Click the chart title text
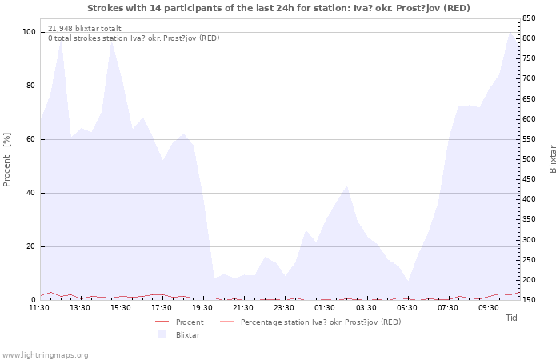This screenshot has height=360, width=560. point(278,8)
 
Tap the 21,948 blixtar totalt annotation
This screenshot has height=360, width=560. point(85,29)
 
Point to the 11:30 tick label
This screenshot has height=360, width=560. point(39,308)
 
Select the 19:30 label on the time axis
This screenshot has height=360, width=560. point(202,308)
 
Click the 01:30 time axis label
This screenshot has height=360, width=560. point(325,308)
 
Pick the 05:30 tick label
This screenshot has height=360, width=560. point(406,308)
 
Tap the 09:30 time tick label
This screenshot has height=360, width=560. point(489,308)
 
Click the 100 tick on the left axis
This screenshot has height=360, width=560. point(29,32)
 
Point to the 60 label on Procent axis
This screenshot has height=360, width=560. point(31,139)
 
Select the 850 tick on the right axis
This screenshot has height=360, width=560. point(529,18)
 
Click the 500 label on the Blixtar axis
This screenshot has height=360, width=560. point(529,159)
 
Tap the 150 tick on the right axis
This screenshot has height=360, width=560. point(529,300)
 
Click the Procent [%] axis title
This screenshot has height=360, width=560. point(6,159)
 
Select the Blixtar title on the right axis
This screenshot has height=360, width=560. point(553,159)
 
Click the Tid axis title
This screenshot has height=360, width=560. point(511,318)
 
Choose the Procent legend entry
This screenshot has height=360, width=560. point(179,322)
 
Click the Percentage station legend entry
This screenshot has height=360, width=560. point(310,322)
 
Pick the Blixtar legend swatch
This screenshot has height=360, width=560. point(162,334)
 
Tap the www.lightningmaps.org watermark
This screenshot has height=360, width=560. point(44,355)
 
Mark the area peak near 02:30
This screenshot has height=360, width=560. point(346,186)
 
